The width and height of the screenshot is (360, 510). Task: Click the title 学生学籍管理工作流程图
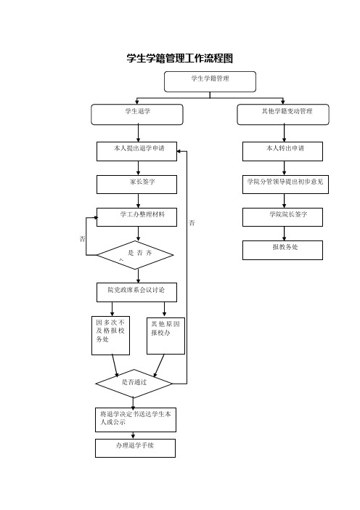pyautogui.click(x=180, y=58)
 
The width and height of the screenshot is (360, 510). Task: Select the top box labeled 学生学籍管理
pyautogui.click(x=210, y=81)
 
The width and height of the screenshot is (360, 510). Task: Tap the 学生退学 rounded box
pyautogui.click(x=136, y=114)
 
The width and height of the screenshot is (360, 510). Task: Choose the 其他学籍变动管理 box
pyautogui.click(x=283, y=114)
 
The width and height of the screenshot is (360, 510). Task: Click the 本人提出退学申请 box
pyautogui.click(x=136, y=151)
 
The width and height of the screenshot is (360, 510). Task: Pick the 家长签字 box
pyautogui.click(x=136, y=185)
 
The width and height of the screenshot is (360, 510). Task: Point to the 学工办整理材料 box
pyautogui.click(x=136, y=217)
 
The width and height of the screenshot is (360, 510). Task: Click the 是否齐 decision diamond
pyautogui.click(x=135, y=255)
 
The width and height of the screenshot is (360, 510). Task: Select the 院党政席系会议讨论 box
pyautogui.click(x=136, y=292)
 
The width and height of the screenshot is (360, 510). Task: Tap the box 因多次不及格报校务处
pyautogui.click(x=111, y=336)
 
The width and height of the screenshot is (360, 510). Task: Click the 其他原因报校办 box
pyautogui.click(x=165, y=336)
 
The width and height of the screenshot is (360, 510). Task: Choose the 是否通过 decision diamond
pyautogui.click(x=134, y=384)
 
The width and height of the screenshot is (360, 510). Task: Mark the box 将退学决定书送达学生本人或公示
pyautogui.click(x=136, y=420)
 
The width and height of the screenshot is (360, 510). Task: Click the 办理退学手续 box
pyautogui.click(x=136, y=448)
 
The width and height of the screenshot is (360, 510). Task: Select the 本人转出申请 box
pyautogui.click(x=282, y=151)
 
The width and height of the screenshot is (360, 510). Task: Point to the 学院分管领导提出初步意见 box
pyautogui.click(x=285, y=185)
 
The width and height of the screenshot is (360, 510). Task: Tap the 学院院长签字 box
pyautogui.click(x=282, y=217)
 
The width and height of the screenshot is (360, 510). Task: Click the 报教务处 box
pyautogui.click(x=282, y=250)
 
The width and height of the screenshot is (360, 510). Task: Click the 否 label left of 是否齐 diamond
pyautogui.click(x=83, y=239)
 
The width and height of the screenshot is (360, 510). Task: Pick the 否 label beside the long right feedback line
pyautogui.click(x=192, y=223)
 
